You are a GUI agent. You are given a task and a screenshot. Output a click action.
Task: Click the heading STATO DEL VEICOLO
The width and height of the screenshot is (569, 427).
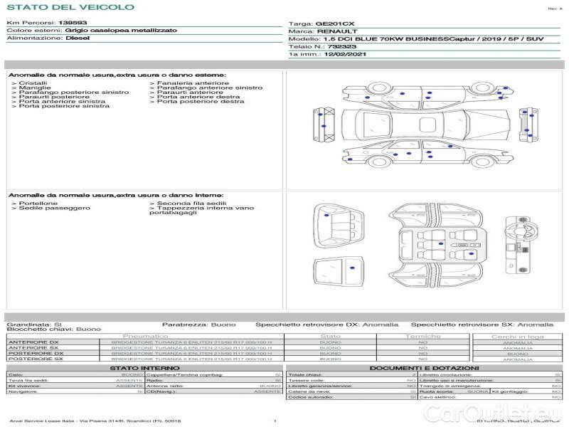coord(70,7)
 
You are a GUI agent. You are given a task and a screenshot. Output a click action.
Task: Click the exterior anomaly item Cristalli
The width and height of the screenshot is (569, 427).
coord(33,83)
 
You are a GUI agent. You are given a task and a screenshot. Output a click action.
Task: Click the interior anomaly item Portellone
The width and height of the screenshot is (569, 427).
coord(35,204)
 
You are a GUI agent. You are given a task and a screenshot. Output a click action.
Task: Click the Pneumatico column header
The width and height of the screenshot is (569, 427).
coord(146,336)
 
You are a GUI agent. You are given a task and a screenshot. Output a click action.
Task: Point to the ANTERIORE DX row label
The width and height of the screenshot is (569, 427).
coord(33,342)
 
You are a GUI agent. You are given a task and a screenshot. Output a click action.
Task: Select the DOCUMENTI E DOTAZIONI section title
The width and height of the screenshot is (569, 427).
coord(425,368)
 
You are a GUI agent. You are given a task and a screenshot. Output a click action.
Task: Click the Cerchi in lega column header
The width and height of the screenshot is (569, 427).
coord(517,336)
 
